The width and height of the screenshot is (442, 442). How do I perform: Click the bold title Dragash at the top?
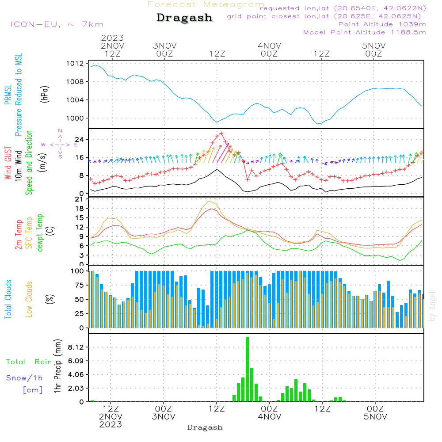pos(184,18)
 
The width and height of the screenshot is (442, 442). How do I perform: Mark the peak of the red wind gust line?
pos(221,133)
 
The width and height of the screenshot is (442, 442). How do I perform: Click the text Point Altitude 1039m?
pos(382,24)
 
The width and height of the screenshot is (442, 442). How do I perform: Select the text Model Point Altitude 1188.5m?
pos(365,32)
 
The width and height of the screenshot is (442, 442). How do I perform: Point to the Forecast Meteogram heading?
pos(206,4)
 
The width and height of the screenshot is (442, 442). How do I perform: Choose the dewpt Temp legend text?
pos(40,233)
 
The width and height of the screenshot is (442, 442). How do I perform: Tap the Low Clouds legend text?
pos(29,299)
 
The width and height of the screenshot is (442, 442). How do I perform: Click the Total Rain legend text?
pos(29,362)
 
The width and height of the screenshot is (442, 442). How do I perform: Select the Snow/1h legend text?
pos(25,378)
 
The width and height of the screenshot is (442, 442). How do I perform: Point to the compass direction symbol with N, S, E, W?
pos(60,144)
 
